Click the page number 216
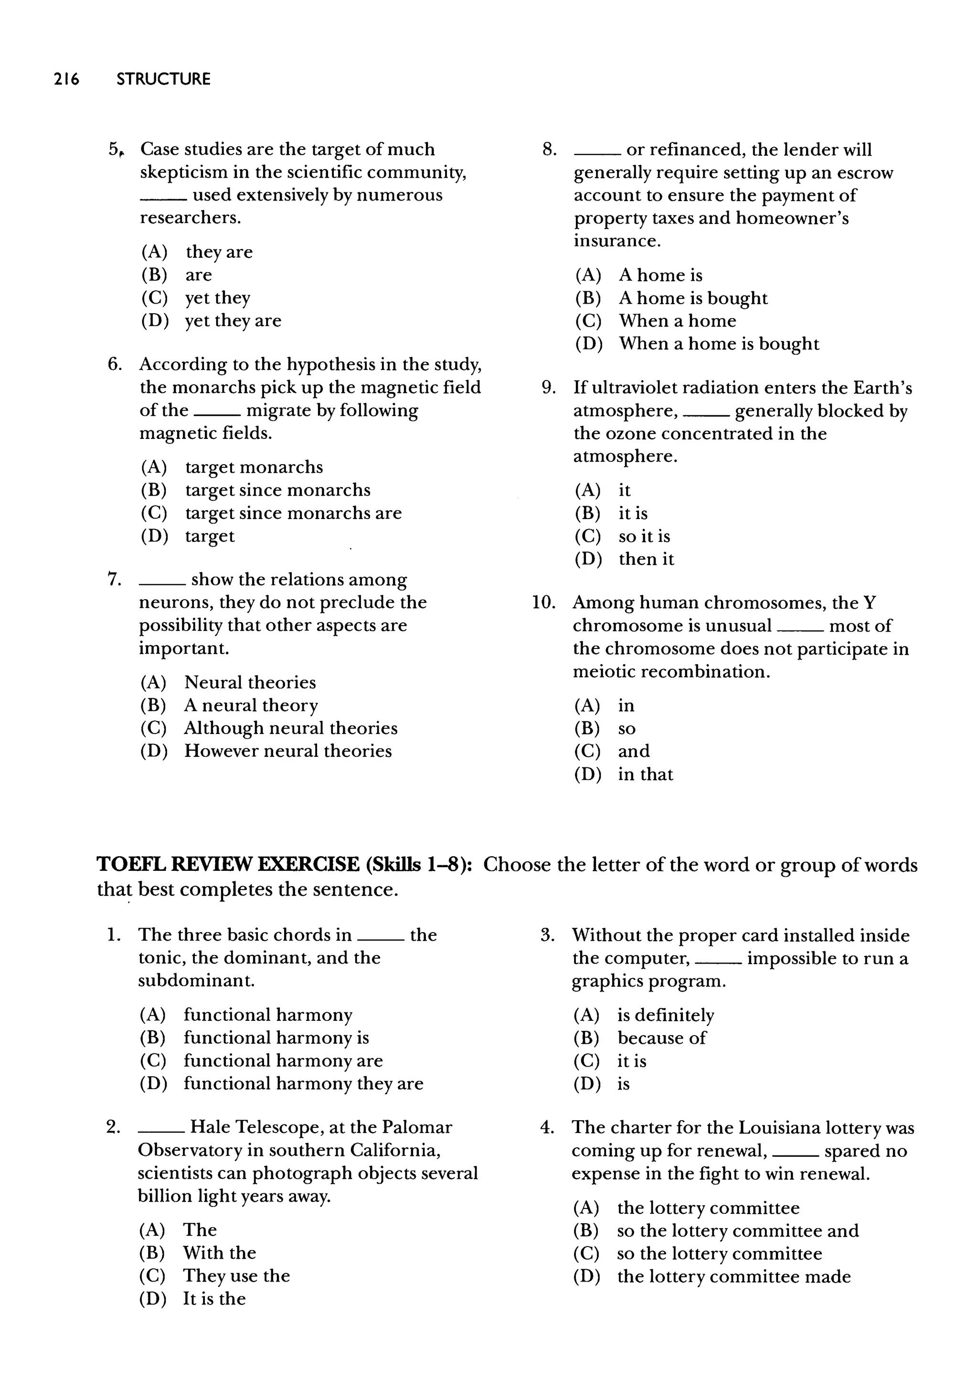tap(66, 79)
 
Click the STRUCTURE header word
tap(163, 79)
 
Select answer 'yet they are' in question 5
tap(233, 320)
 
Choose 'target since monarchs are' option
tap(293, 513)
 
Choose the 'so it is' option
tap(644, 536)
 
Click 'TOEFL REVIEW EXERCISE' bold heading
tap(228, 865)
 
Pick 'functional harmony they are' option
tap(303, 1083)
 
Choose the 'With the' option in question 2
tap(219, 1253)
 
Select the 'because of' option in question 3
tap(661, 1038)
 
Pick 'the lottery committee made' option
tap(733, 1276)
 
